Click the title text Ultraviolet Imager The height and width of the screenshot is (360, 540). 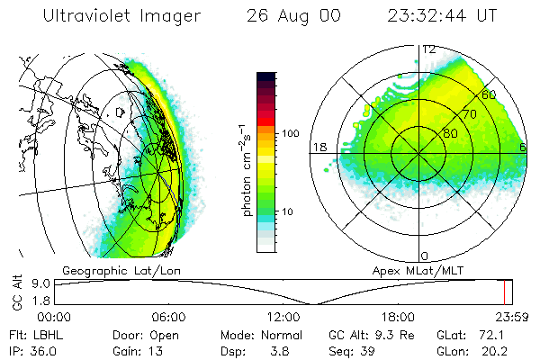click(116, 16)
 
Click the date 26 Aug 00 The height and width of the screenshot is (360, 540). click(294, 16)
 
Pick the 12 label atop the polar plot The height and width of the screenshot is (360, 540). click(429, 49)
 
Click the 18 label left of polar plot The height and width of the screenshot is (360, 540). click(318, 147)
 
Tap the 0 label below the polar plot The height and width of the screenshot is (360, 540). click(425, 256)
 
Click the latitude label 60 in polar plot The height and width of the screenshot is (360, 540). click(489, 94)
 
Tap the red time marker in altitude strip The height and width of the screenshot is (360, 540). click(507, 292)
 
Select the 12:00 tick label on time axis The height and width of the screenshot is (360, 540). click(283, 317)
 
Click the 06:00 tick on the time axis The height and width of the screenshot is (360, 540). click(168, 317)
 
